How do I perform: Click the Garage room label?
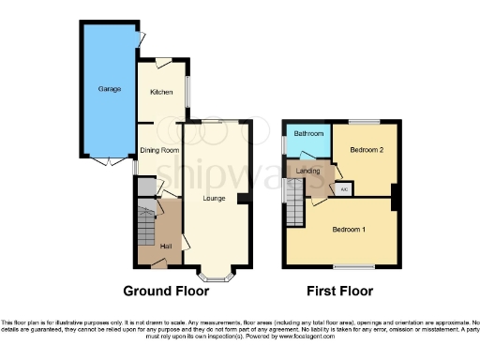(110, 89)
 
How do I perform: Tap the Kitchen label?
(162, 93)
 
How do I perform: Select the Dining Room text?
(158, 150)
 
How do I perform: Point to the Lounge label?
(216, 198)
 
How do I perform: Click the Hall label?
(165, 246)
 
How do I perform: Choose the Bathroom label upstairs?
(307, 134)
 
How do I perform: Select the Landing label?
(307, 171)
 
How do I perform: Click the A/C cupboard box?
(344, 189)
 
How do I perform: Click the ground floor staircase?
(144, 224)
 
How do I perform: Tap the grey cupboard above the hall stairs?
(144, 187)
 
